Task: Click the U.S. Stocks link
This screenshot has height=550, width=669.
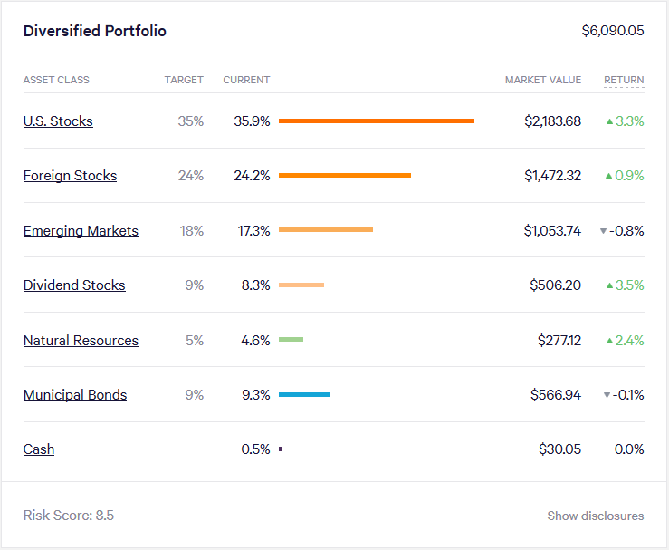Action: [58, 121]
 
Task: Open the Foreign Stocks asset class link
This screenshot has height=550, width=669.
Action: [70, 176]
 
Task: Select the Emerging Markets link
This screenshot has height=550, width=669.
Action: [81, 231]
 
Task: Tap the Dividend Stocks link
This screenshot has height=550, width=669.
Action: [74, 285]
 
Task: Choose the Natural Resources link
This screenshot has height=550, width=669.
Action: [81, 341]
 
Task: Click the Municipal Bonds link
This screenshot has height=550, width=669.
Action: [75, 395]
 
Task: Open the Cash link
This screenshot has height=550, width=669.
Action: [39, 449]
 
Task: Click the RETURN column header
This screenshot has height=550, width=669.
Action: [624, 80]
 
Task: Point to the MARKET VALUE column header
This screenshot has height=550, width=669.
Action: [543, 80]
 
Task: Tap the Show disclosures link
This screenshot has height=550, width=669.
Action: [595, 516]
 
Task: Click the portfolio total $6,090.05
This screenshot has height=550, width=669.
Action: [612, 31]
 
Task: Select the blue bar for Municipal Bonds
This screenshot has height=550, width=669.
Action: [304, 395]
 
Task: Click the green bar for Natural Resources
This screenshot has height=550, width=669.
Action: [291, 340]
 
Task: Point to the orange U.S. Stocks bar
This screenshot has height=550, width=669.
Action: [377, 121]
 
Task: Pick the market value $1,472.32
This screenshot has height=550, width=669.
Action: [552, 176]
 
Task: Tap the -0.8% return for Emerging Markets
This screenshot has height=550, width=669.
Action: [626, 231]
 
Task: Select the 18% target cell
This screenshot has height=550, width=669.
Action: [191, 231]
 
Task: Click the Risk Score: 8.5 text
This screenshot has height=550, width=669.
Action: [69, 516]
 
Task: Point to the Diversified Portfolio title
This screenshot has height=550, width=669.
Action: [95, 31]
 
